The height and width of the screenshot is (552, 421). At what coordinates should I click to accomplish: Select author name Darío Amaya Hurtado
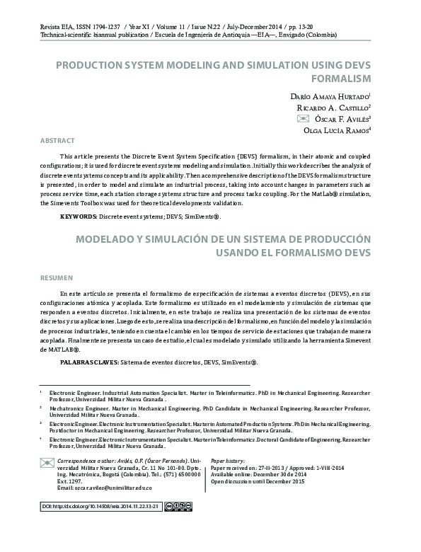click(330, 94)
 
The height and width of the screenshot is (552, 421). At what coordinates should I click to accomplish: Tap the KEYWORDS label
click(78, 214)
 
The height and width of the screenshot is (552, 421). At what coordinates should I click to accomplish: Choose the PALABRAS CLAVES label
click(89, 362)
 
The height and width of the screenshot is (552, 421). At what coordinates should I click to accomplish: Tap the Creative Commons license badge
click(171, 507)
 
